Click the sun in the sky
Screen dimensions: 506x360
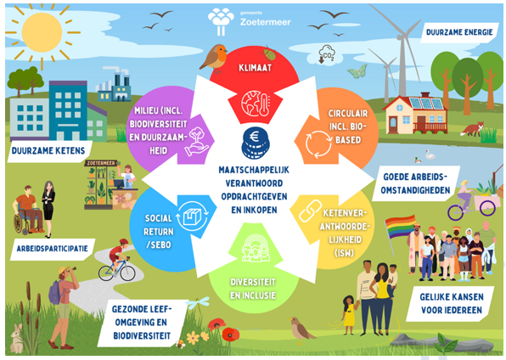tap(42, 32)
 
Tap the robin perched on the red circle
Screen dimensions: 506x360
tap(214, 58)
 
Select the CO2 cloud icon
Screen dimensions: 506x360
tap(327, 55)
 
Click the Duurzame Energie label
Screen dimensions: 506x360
tap(459, 32)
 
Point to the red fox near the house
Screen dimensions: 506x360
tap(473, 129)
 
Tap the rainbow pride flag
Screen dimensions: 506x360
tap(400, 227)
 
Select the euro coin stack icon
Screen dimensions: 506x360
tap(255, 143)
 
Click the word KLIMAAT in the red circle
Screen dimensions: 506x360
tap(255, 68)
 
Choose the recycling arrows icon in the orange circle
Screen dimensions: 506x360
tap(318, 144)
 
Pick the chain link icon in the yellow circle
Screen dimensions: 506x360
tap(310, 211)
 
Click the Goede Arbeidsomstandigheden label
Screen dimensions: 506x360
tap(415, 183)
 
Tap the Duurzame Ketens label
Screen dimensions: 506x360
tap(48, 151)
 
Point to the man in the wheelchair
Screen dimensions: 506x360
tap(26, 210)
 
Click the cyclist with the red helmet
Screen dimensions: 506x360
tap(118, 259)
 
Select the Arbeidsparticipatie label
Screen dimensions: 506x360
tap(53, 249)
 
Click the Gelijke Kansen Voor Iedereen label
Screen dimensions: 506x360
tap(452, 303)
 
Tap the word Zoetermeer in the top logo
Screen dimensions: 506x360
tap(265, 22)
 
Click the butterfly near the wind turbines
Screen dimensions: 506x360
tap(357, 71)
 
